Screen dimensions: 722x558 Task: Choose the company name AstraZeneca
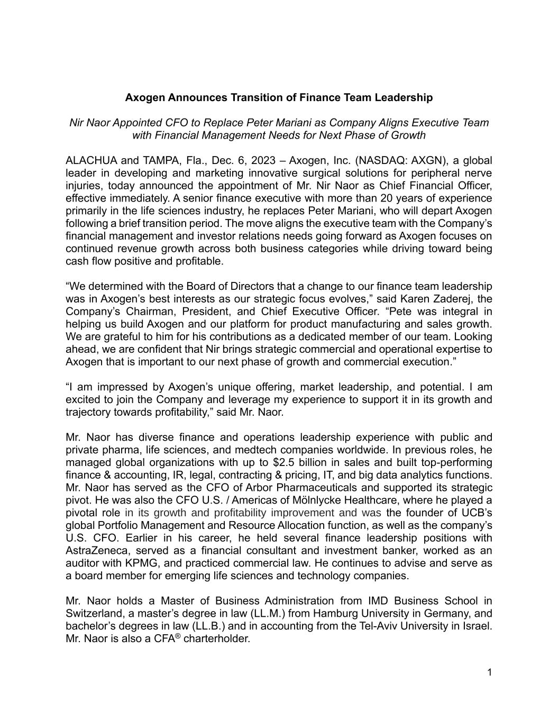97,551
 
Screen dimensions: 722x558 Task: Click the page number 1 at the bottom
489,673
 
